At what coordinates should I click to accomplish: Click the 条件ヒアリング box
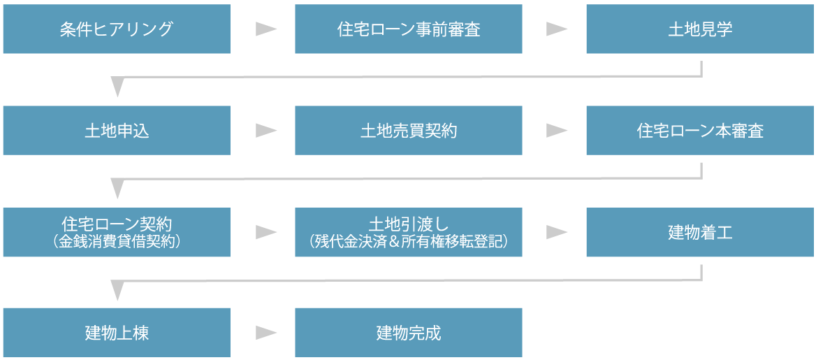click(x=117, y=29)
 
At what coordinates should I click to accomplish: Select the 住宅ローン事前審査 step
click(x=408, y=29)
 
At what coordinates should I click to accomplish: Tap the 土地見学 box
click(x=700, y=29)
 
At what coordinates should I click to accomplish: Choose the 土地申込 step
click(x=117, y=131)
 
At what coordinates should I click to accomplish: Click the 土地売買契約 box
click(x=408, y=131)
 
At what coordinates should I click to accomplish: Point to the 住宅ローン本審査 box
click(x=700, y=131)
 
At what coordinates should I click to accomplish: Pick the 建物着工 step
click(x=700, y=232)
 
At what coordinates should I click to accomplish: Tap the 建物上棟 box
click(x=117, y=333)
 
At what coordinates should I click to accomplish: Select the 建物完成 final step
click(x=408, y=333)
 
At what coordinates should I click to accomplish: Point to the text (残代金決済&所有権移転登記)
click(x=408, y=242)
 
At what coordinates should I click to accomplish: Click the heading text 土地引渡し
click(x=408, y=224)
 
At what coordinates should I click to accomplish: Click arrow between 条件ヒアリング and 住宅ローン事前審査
click(x=265, y=29)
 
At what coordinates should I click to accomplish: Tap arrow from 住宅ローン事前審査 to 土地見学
click(x=556, y=29)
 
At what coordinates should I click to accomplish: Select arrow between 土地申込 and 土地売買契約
click(x=265, y=131)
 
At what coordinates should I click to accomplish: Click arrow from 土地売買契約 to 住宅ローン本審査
click(x=556, y=131)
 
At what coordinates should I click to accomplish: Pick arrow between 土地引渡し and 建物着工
click(x=556, y=232)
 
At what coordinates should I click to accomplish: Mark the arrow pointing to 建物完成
click(x=265, y=333)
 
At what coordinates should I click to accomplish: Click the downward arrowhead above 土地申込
click(x=117, y=87)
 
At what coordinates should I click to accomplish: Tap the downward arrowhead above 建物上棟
click(x=117, y=289)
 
